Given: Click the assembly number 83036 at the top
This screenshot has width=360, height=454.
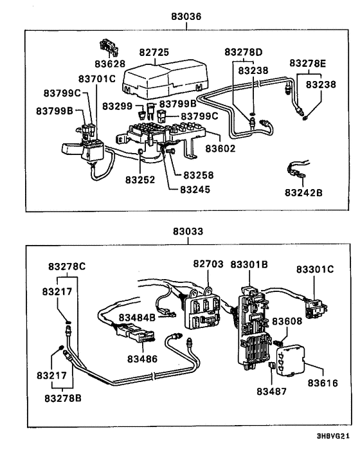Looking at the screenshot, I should coord(186,17).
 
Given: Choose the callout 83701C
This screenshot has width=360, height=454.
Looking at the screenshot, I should coord(97,79).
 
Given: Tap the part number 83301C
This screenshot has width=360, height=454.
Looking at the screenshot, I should coord(315,269).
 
